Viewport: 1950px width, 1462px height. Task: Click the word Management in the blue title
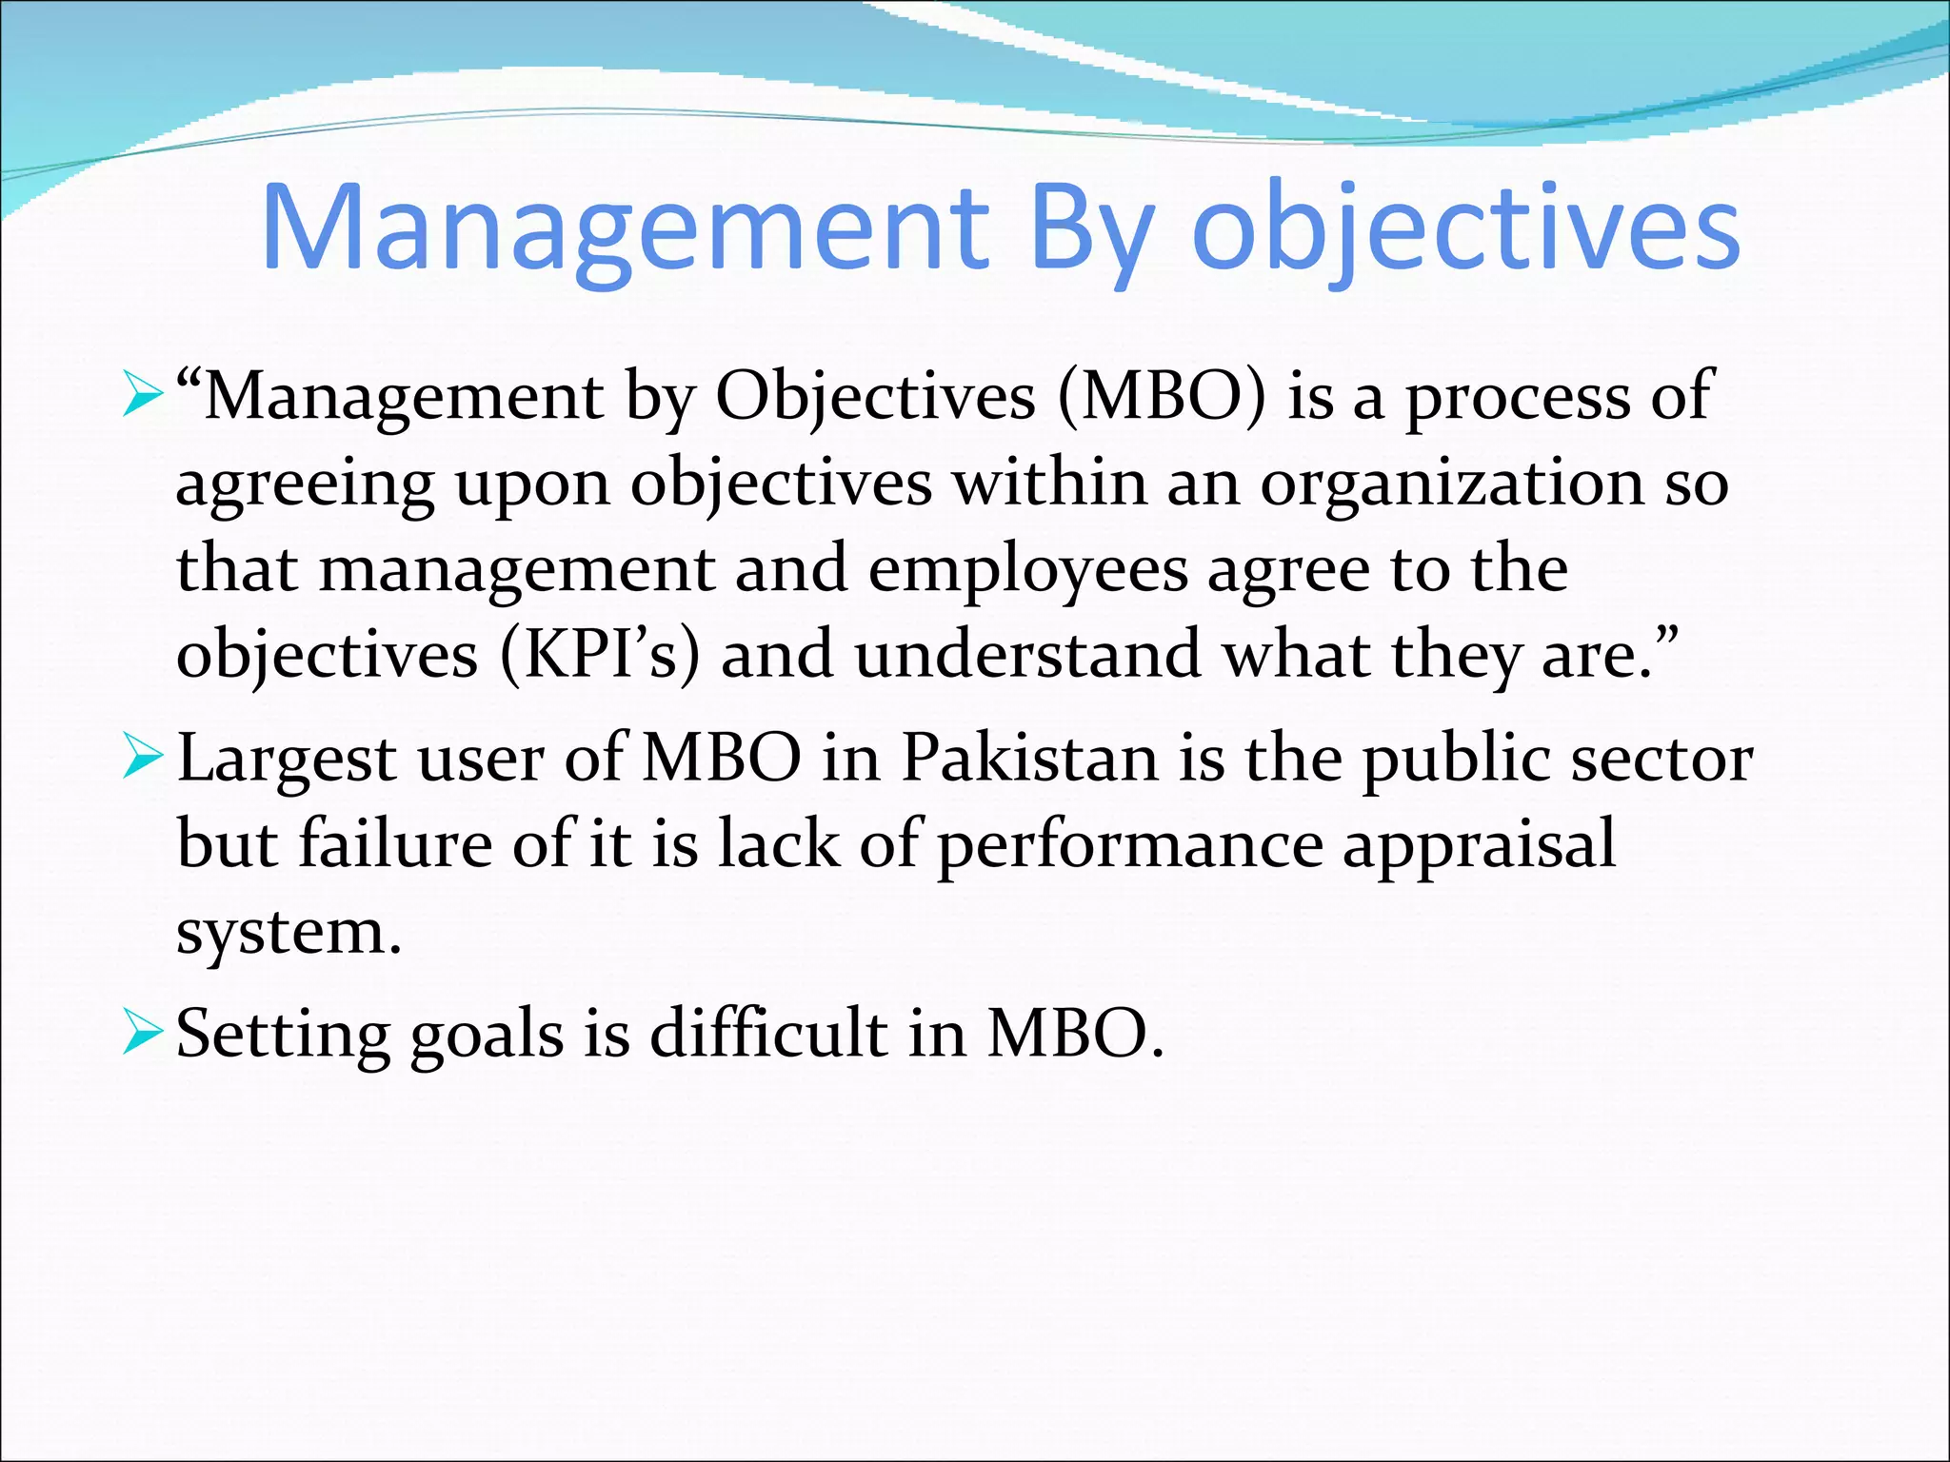coord(625,228)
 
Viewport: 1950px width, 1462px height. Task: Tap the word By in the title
coord(1092,228)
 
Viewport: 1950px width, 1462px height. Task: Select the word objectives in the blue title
coord(1466,228)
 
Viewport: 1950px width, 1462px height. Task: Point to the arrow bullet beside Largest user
coord(144,760)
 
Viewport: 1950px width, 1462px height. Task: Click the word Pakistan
coord(1029,760)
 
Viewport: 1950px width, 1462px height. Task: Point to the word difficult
coord(767,1034)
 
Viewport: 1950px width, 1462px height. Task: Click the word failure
coord(395,845)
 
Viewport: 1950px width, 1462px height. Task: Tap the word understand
coord(1028,655)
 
